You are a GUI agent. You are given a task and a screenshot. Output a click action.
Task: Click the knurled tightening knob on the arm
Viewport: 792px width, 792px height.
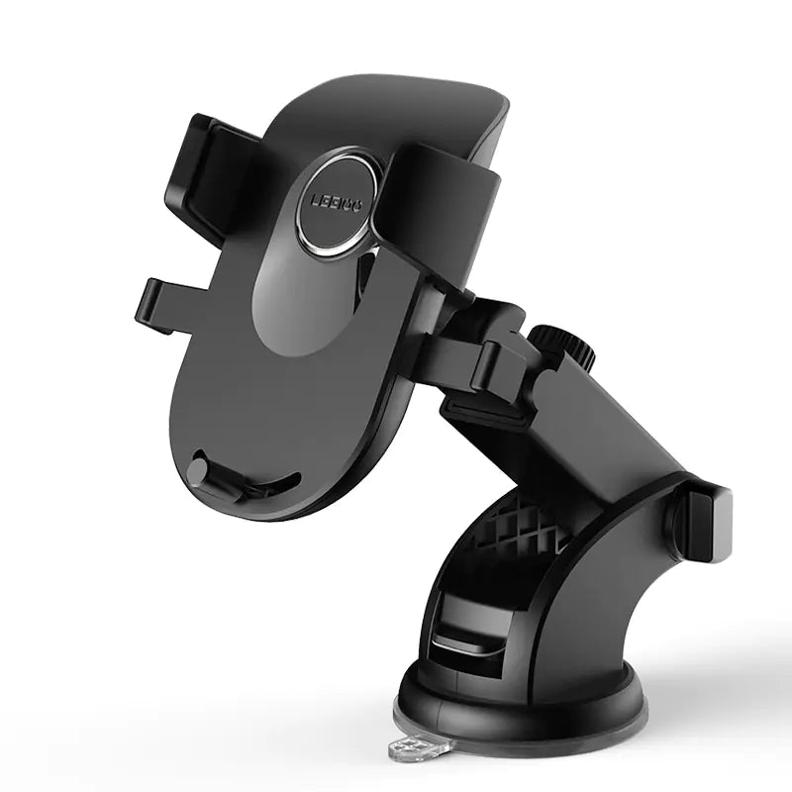pos(560,346)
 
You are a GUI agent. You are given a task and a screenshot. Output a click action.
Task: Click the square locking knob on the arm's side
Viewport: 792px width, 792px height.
pos(705,520)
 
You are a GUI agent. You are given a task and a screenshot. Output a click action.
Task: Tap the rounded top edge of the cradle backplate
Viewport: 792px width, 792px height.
pos(396,89)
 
